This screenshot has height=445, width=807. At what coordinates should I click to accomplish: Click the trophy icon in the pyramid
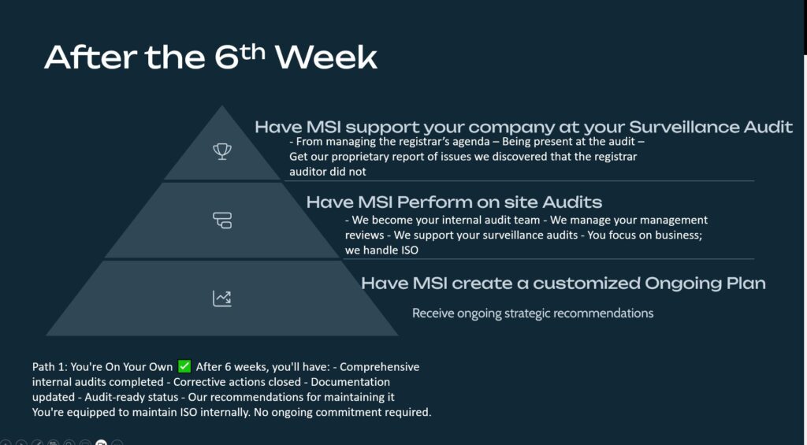(222, 151)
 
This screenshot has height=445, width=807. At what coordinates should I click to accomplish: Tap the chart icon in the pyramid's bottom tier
(222, 299)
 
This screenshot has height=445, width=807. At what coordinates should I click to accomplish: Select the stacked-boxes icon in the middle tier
(222, 221)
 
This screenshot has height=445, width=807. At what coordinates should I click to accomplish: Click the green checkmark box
(184, 366)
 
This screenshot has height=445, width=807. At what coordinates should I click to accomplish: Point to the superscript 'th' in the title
(253, 51)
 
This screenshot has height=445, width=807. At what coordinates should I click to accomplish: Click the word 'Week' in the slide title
(326, 57)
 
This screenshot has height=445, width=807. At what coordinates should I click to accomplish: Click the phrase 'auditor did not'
(327, 172)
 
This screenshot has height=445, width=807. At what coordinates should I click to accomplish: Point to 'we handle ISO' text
(381, 250)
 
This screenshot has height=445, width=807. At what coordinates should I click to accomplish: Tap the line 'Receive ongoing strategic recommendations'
(533, 313)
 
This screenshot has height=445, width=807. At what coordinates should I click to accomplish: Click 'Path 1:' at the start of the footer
(50, 367)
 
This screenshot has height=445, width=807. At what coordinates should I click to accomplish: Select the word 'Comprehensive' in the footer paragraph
(379, 367)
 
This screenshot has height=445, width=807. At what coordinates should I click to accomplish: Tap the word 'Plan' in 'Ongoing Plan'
(746, 283)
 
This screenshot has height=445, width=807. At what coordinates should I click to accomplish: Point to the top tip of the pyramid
(221, 106)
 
